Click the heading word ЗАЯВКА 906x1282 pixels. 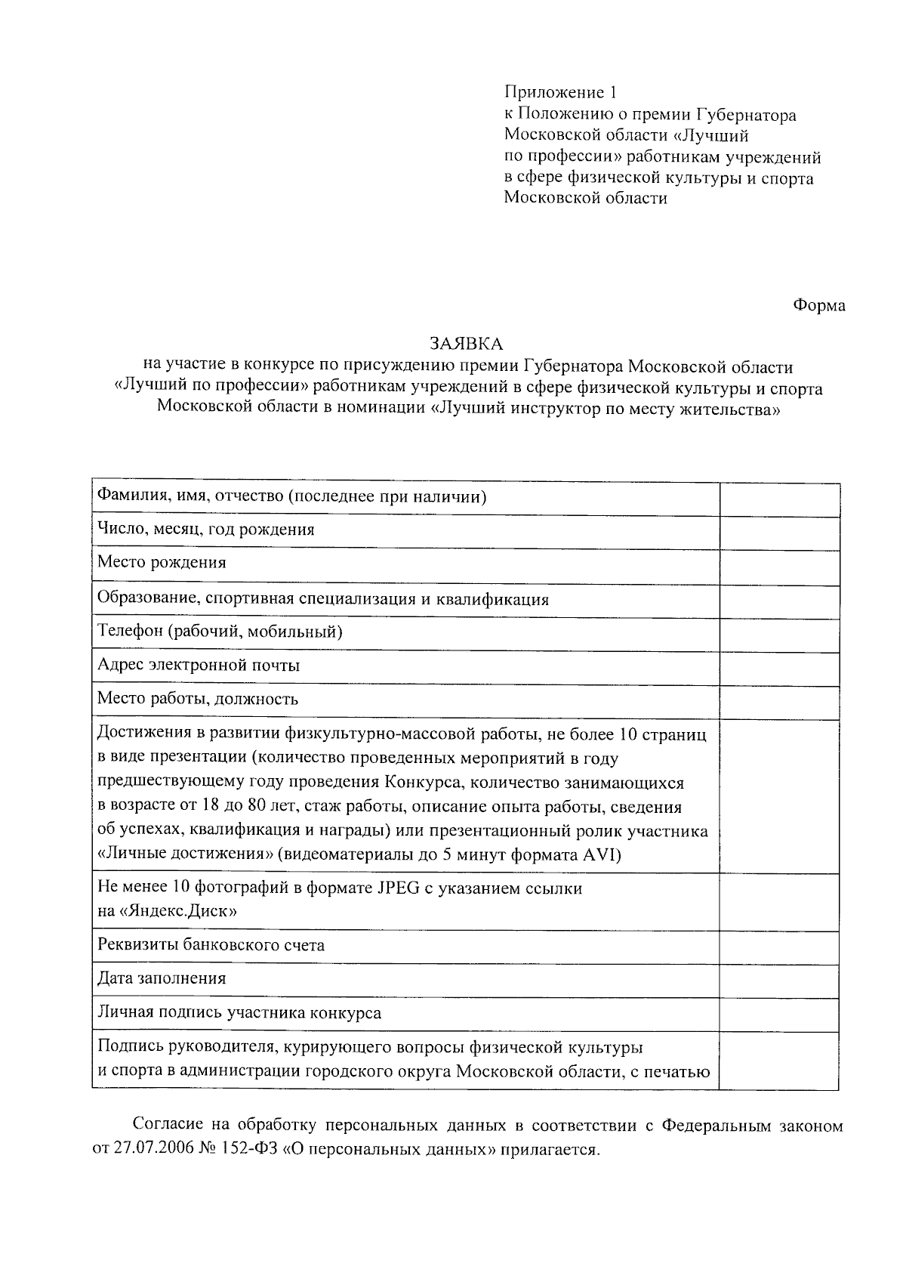(x=466, y=344)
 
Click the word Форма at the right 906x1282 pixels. (x=819, y=305)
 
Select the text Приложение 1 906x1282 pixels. (x=560, y=93)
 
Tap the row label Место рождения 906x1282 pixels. (x=162, y=563)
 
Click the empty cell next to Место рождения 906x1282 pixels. (x=779, y=567)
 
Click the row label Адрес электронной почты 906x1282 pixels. (x=199, y=666)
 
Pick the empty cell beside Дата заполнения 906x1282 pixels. (x=779, y=981)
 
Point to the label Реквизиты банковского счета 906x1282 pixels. (x=211, y=945)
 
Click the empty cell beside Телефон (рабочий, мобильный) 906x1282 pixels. (x=779, y=635)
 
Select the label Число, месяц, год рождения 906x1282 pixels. (x=205, y=530)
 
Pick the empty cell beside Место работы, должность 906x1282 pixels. (x=779, y=703)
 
